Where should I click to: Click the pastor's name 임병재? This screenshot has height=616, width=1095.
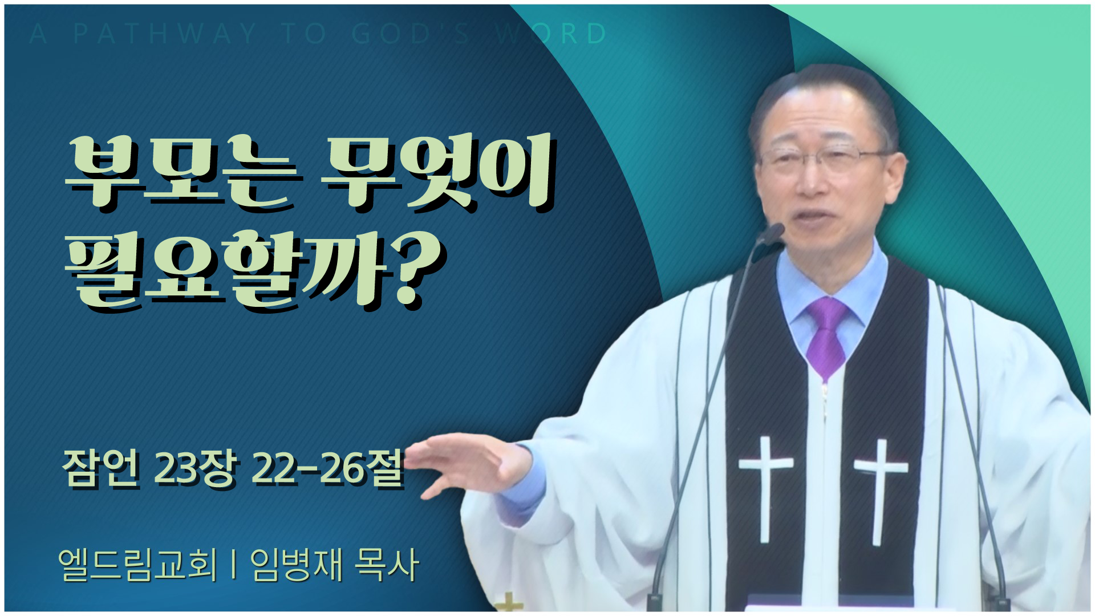point(297,564)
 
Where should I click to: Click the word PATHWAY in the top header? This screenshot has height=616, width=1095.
point(165,34)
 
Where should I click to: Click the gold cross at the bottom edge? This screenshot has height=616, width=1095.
point(509,603)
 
